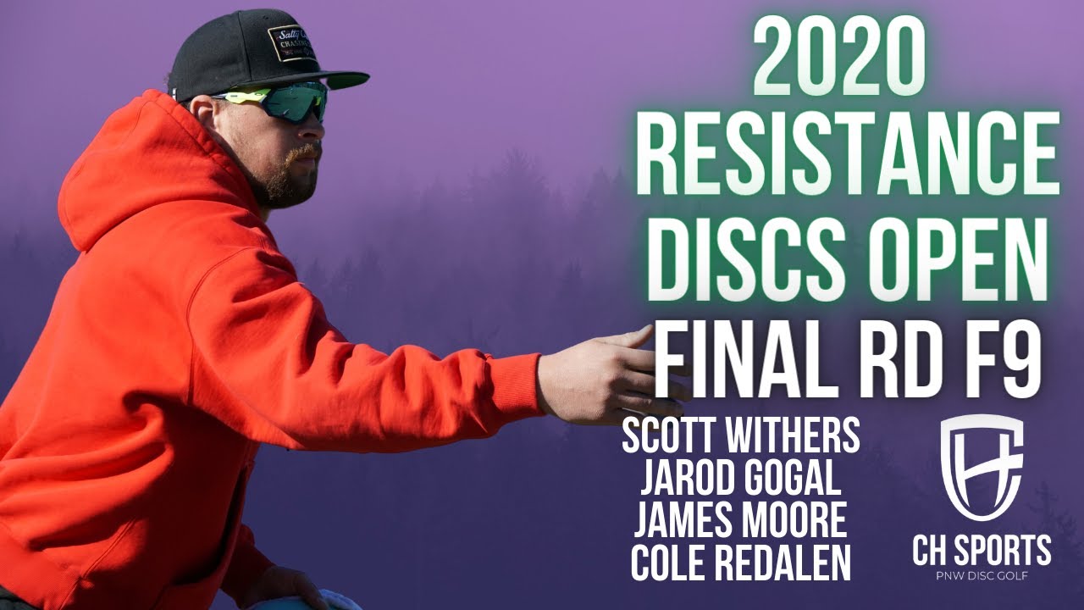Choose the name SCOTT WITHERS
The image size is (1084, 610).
(740, 436)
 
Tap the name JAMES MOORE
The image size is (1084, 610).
(740, 520)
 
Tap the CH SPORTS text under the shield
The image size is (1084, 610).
(982, 550)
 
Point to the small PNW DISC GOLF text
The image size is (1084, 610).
(982, 575)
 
